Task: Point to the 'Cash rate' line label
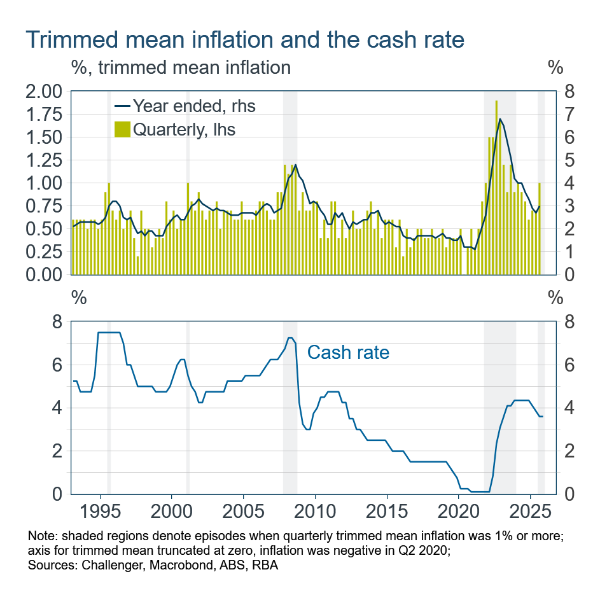pos(348,352)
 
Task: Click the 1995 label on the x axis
pos(99,513)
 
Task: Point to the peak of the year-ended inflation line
pos(500,119)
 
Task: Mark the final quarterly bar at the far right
pos(540,229)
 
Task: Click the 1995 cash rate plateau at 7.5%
pos(109,332)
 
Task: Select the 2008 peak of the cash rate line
pos(290,338)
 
